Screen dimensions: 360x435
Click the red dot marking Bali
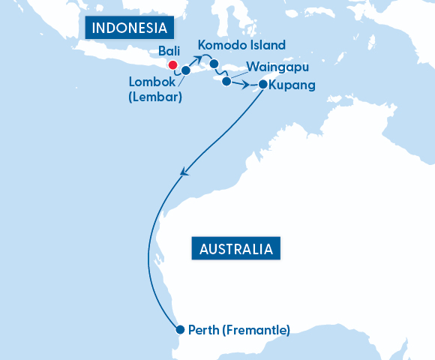pos(172,65)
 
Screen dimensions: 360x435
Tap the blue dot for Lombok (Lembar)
pos(186,70)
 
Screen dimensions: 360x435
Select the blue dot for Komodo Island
pos(214,63)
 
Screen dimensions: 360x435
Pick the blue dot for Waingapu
pos(226,82)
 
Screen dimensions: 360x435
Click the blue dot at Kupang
pos(262,85)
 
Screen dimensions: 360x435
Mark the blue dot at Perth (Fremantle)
pos(179,329)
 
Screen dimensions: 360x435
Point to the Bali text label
pos(169,52)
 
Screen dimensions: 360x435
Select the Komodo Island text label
pos(241,45)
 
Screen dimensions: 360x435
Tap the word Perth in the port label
pos(202,329)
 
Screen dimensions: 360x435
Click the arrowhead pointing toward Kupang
pos(246,85)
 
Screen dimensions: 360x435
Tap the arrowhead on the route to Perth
pos(184,173)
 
